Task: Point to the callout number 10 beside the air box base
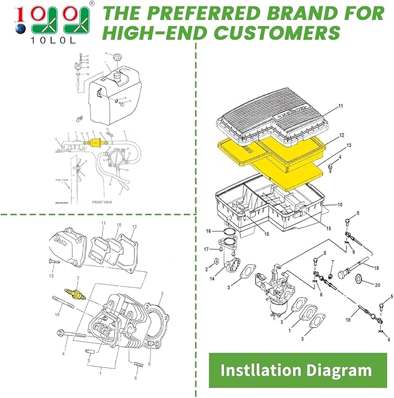click(341, 205)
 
